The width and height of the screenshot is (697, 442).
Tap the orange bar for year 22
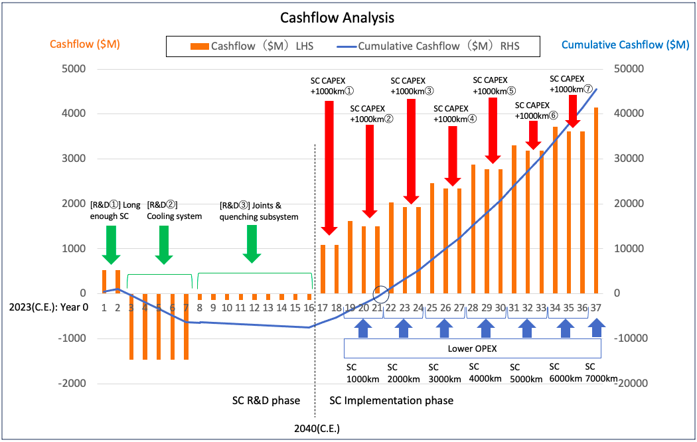391,248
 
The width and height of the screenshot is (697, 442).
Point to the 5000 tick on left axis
74,68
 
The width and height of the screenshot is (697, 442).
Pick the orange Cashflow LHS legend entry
252,46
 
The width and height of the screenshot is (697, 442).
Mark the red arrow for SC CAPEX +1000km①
329,166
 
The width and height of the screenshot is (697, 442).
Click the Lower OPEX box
472,348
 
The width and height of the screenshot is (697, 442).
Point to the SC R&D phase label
266,401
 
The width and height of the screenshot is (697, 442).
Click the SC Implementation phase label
392,401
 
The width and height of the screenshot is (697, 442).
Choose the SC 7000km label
601,373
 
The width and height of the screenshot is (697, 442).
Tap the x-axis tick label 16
309,308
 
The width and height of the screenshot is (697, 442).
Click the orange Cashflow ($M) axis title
84,45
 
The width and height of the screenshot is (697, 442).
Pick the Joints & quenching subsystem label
259,211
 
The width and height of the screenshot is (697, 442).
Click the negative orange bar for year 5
159,327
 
